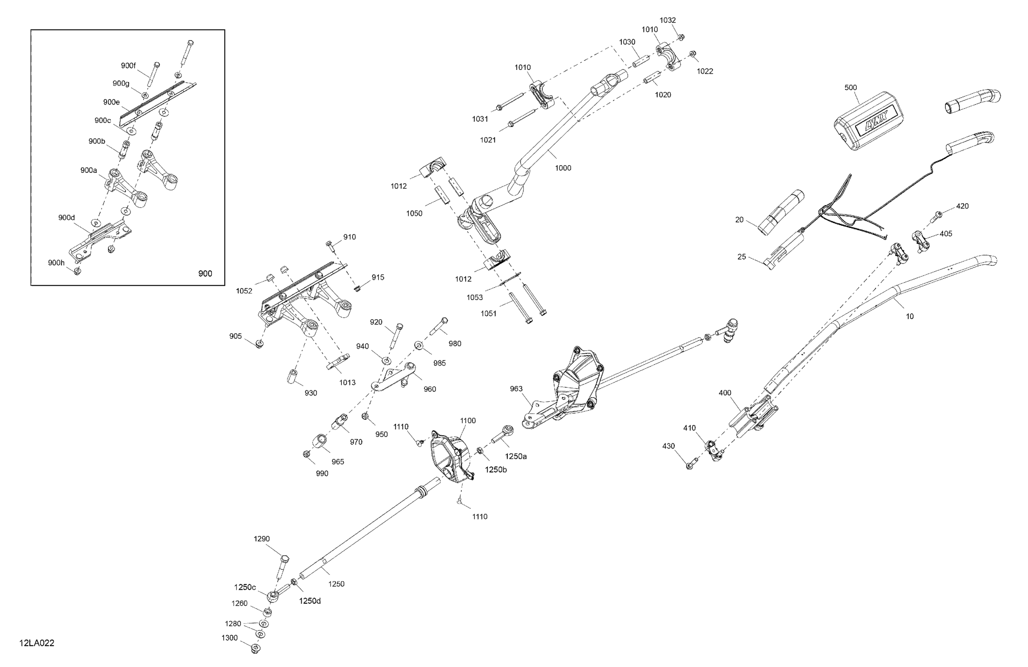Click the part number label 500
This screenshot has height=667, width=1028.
(850, 87)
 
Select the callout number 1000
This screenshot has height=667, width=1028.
(563, 168)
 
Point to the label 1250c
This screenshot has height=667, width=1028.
(245, 587)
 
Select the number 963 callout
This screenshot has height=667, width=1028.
(516, 389)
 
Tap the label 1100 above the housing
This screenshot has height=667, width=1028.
(468, 420)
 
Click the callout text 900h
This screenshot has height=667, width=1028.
(56, 262)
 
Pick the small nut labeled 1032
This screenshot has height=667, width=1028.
(681, 38)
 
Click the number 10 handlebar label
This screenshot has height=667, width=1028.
(910, 317)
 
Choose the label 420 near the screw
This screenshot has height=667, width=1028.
(962, 206)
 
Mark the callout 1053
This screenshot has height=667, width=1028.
(475, 297)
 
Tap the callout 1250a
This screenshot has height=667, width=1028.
(516, 456)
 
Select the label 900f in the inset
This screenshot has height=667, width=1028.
(128, 66)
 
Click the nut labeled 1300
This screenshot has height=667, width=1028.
(256, 648)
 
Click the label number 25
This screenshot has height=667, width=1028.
(741, 257)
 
